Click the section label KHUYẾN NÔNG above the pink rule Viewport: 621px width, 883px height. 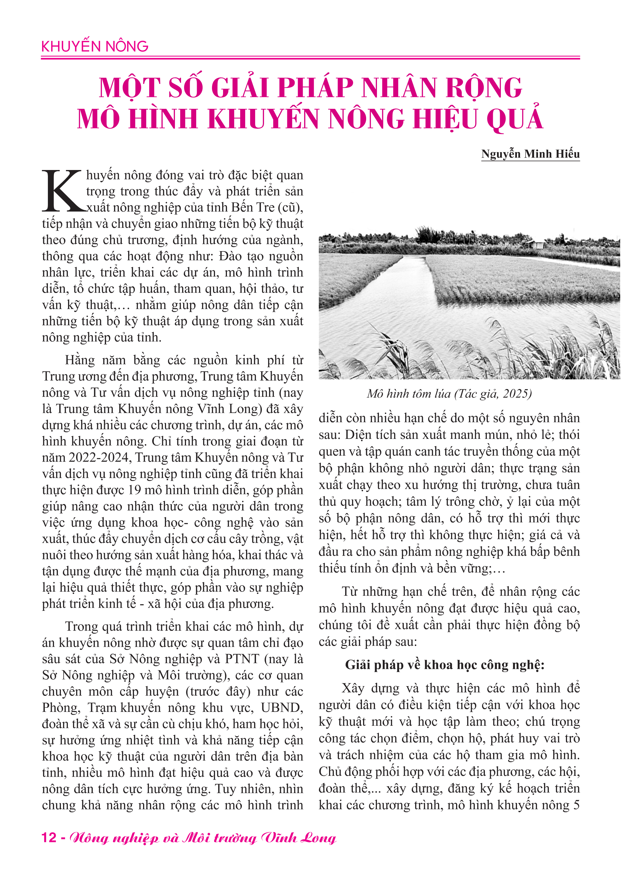tap(95, 47)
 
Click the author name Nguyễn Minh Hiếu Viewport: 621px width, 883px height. tap(530, 154)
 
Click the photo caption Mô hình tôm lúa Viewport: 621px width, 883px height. tap(408, 394)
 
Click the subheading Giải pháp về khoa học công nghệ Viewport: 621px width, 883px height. tap(445, 665)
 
